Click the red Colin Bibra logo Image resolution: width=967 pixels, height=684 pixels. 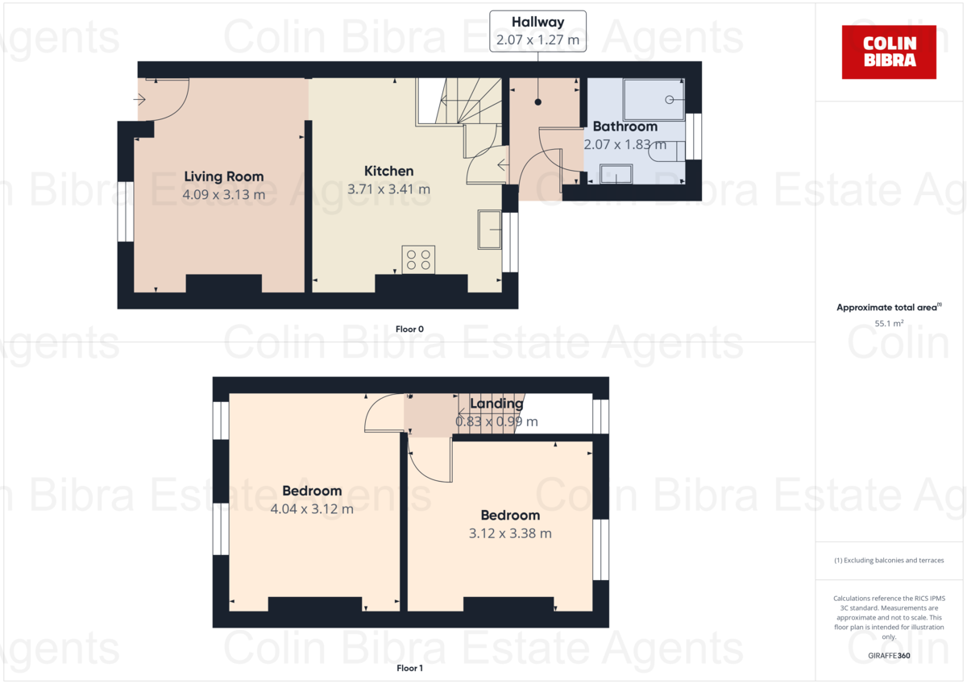pyautogui.click(x=889, y=52)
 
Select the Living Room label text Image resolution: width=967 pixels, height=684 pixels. pyautogui.click(x=223, y=176)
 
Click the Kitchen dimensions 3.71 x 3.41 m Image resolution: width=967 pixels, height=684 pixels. pyautogui.click(x=388, y=189)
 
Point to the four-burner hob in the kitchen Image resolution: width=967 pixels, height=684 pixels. pyautogui.click(x=418, y=259)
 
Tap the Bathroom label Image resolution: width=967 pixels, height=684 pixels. pyautogui.click(x=625, y=126)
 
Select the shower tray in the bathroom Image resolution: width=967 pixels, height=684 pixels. pyautogui.click(x=654, y=99)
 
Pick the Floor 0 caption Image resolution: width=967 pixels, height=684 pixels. pyautogui.click(x=409, y=329)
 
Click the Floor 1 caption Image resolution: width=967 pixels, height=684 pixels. pyautogui.click(x=409, y=668)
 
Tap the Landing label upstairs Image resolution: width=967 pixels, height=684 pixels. pyautogui.click(x=496, y=404)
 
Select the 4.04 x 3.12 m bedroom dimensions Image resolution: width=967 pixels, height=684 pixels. pyautogui.click(x=312, y=509)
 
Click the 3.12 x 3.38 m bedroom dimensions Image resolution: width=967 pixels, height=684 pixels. pyautogui.click(x=510, y=533)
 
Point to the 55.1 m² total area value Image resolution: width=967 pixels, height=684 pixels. pyautogui.click(x=889, y=324)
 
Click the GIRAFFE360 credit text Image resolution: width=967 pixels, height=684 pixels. pyautogui.click(x=889, y=657)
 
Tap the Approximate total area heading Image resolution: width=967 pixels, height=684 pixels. pyautogui.click(x=887, y=308)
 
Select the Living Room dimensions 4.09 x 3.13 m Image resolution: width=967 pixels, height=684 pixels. pyautogui.click(x=223, y=194)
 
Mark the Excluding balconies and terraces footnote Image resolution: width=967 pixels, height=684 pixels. pyautogui.click(x=889, y=560)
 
